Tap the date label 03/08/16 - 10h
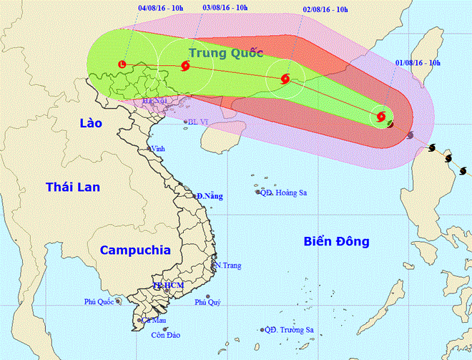coord(226,8)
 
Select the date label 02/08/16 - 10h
coord(325,10)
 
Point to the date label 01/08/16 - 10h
coord(417,62)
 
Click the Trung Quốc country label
coord(227,52)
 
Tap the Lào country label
coord(91,124)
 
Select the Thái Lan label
coord(73,187)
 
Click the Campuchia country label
coord(135,250)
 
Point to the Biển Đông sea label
coord(335,242)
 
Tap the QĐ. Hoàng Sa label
coord(282,192)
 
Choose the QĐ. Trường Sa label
coord(289,330)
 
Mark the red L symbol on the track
coord(121,65)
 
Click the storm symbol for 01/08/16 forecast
coord(380,116)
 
